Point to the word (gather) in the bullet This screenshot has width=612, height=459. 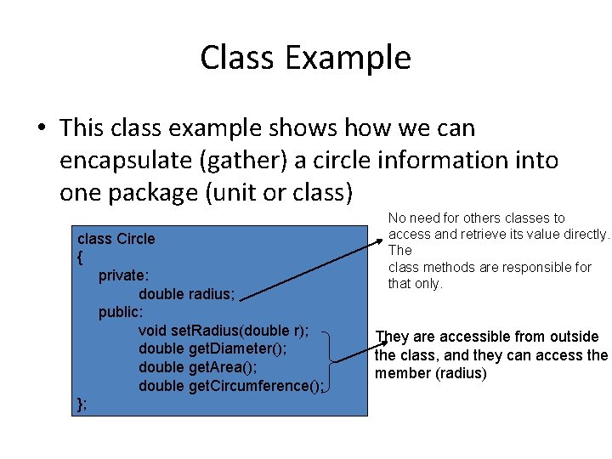tap(264, 161)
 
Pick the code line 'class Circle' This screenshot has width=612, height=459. tap(116, 239)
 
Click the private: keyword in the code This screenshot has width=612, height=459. tap(122, 275)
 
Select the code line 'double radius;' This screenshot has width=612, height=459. tap(186, 294)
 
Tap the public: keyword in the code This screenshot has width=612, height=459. tap(121, 312)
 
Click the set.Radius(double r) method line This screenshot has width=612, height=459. tap(223, 331)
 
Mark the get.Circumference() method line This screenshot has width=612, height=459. tap(230, 386)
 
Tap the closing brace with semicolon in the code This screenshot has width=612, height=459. tap(82, 403)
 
